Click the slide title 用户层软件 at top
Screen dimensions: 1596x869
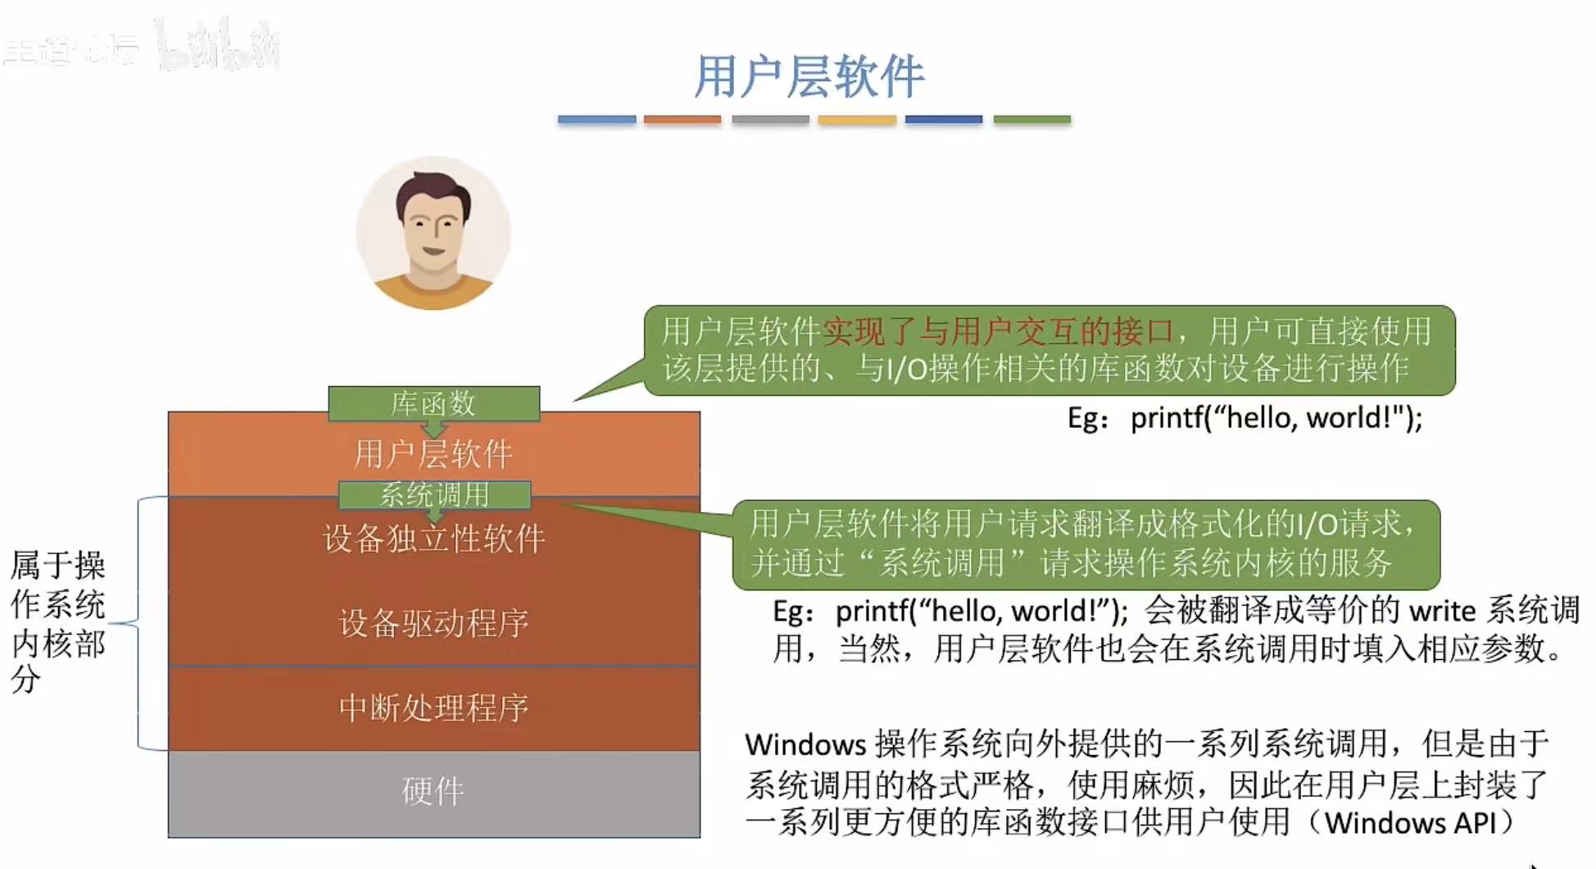pos(809,76)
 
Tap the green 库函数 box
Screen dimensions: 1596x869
pos(433,403)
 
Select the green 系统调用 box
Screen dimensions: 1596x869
pos(434,494)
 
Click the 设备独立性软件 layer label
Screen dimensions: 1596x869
pos(433,539)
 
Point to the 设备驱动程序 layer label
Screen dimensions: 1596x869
pos(433,623)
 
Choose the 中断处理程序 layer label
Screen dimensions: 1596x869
pos(433,707)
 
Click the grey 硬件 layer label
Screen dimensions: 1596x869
pos(433,791)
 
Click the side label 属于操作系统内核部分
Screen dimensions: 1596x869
pos(57,621)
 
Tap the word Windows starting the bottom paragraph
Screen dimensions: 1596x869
pos(805,744)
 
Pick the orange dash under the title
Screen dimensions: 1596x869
pos(682,120)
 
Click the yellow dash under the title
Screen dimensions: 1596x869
pos(857,120)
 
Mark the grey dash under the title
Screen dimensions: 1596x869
pos(770,120)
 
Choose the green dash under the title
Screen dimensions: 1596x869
pos(1032,120)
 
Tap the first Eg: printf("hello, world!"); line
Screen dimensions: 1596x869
pos(1244,418)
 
